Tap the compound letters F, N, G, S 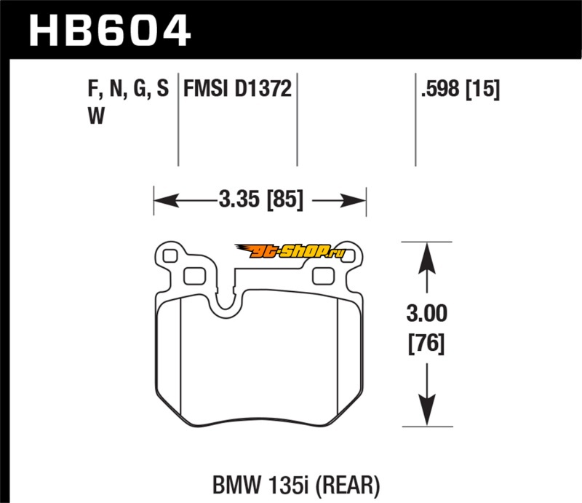(128, 90)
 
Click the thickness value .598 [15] (459, 90)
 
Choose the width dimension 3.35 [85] (259, 198)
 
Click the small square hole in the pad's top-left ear (170, 256)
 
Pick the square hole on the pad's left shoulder (194, 276)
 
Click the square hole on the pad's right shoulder (322, 276)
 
